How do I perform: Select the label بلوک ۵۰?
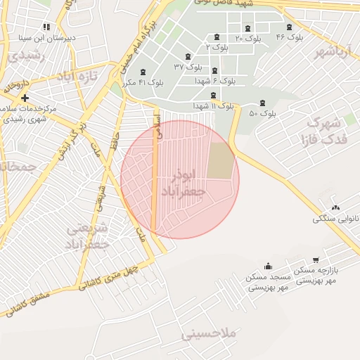tap(262, 112)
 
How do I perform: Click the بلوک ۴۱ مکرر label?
tap(142, 82)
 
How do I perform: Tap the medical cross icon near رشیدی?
tap(25, 98)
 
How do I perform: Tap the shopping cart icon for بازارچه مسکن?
tap(316, 260)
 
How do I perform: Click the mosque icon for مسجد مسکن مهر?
tap(268, 266)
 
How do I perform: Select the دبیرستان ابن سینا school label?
tap(45, 37)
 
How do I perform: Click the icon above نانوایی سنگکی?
tap(335, 207)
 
